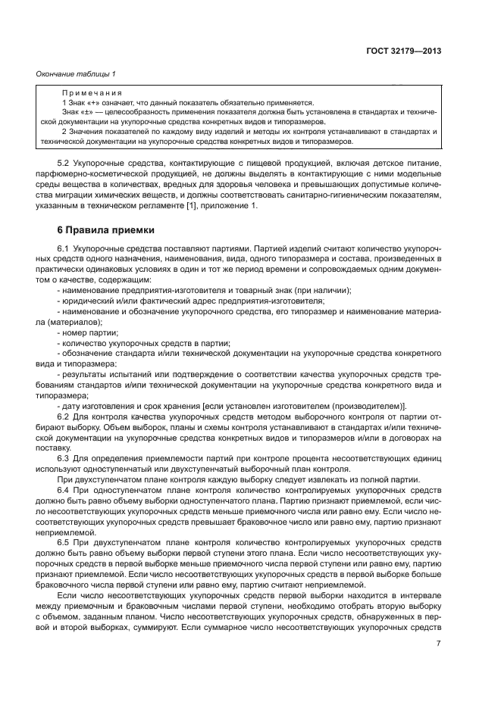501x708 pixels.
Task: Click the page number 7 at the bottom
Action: tap(440, 644)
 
